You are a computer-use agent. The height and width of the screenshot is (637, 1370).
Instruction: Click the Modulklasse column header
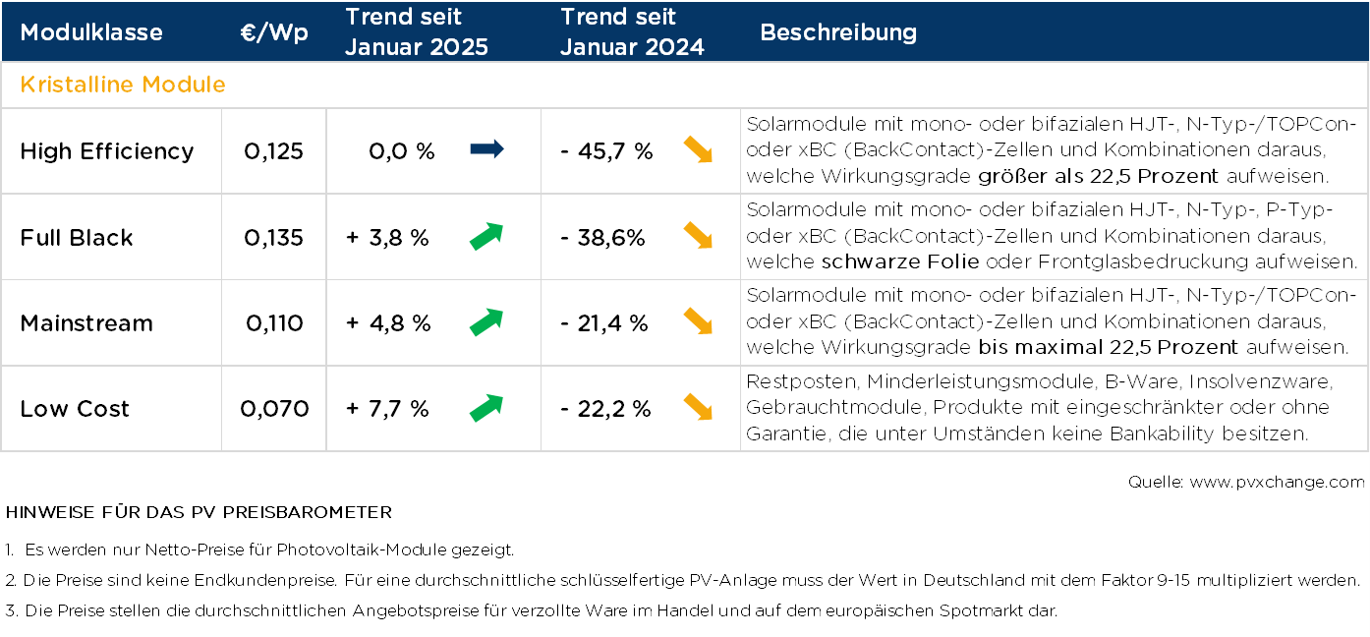pos(91,32)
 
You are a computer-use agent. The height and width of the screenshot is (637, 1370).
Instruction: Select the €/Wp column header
pos(274,32)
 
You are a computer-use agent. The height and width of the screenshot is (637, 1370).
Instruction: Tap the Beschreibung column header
pos(838,32)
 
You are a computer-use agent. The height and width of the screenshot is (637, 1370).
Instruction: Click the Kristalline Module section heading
pos(123,85)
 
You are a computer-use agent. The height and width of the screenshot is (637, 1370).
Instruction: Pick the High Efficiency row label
pos(107,151)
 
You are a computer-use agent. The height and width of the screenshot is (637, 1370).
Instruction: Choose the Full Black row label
pos(77,238)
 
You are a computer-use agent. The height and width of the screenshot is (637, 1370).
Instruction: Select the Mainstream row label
pos(86,323)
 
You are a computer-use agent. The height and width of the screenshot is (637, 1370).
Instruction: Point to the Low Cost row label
pos(75,409)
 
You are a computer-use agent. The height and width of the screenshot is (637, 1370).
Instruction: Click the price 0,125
pos(274,151)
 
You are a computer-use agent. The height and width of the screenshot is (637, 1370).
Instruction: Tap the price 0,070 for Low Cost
pos(274,409)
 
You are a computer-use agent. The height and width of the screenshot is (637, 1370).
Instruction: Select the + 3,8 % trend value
pos(387,238)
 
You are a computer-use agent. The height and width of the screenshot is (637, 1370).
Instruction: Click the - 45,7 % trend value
pos(606,151)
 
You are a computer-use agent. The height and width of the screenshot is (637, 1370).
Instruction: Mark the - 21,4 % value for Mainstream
pos(604,323)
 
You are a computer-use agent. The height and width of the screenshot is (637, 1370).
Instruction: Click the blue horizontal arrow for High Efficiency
pos(486,150)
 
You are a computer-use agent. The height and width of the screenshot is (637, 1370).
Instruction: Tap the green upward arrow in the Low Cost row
pos(486,408)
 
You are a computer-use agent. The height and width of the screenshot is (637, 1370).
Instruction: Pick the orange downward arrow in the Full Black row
pos(698,236)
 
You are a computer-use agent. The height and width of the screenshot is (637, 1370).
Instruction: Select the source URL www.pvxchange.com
pos(1277,482)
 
